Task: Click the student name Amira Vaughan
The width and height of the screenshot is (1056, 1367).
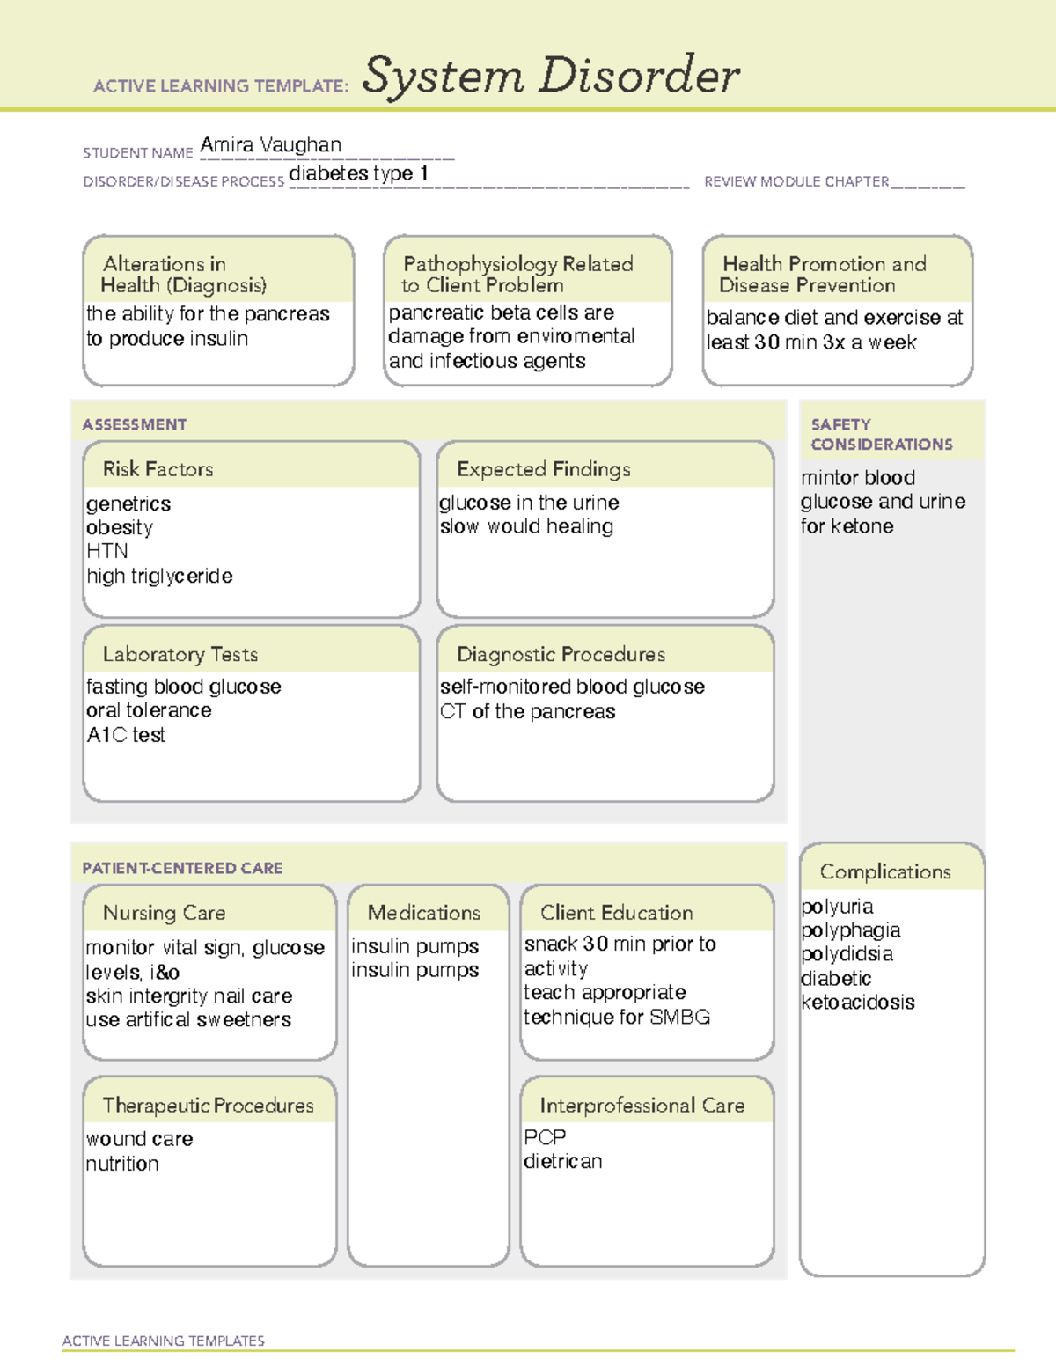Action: pyautogui.click(x=270, y=145)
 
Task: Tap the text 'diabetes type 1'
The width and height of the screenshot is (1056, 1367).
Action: pyautogui.click(x=358, y=173)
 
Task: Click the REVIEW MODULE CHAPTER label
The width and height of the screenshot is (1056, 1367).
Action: pyautogui.click(x=796, y=181)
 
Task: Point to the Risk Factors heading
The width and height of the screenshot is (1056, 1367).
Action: pyautogui.click(x=158, y=469)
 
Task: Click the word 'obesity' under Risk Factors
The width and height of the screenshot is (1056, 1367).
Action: pyautogui.click(x=120, y=527)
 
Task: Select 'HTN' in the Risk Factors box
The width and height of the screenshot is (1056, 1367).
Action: pyautogui.click(x=107, y=551)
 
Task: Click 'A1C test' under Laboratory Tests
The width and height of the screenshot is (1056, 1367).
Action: pyautogui.click(x=126, y=735)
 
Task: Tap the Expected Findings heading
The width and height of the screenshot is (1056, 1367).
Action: pyautogui.click(x=543, y=469)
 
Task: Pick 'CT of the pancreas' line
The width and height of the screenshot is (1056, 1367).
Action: pyautogui.click(x=527, y=711)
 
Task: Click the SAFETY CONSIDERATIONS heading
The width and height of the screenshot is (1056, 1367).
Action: pyautogui.click(x=881, y=434)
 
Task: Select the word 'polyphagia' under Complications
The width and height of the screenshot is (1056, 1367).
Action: pyautogui.click(x=851, y=930)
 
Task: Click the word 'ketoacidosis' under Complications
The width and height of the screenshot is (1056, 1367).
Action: pyautogui.click(x=858, y=1003)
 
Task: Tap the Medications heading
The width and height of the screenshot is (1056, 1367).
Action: pyautogui.click(x=423, y=913)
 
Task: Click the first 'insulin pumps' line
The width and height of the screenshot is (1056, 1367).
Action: pyautogui.click(x=415, y=946)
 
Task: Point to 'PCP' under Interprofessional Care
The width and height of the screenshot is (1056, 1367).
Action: pyautogui.click(x=545, y=1137)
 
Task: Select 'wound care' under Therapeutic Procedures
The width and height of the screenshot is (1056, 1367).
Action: pyautogui.click(x=140, y=1139)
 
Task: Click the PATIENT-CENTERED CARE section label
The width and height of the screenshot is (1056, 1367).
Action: pyautogui.click(x=182, y=868)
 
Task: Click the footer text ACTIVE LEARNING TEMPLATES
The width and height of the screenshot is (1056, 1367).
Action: pyautogui.click(x=163, y=1341)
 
